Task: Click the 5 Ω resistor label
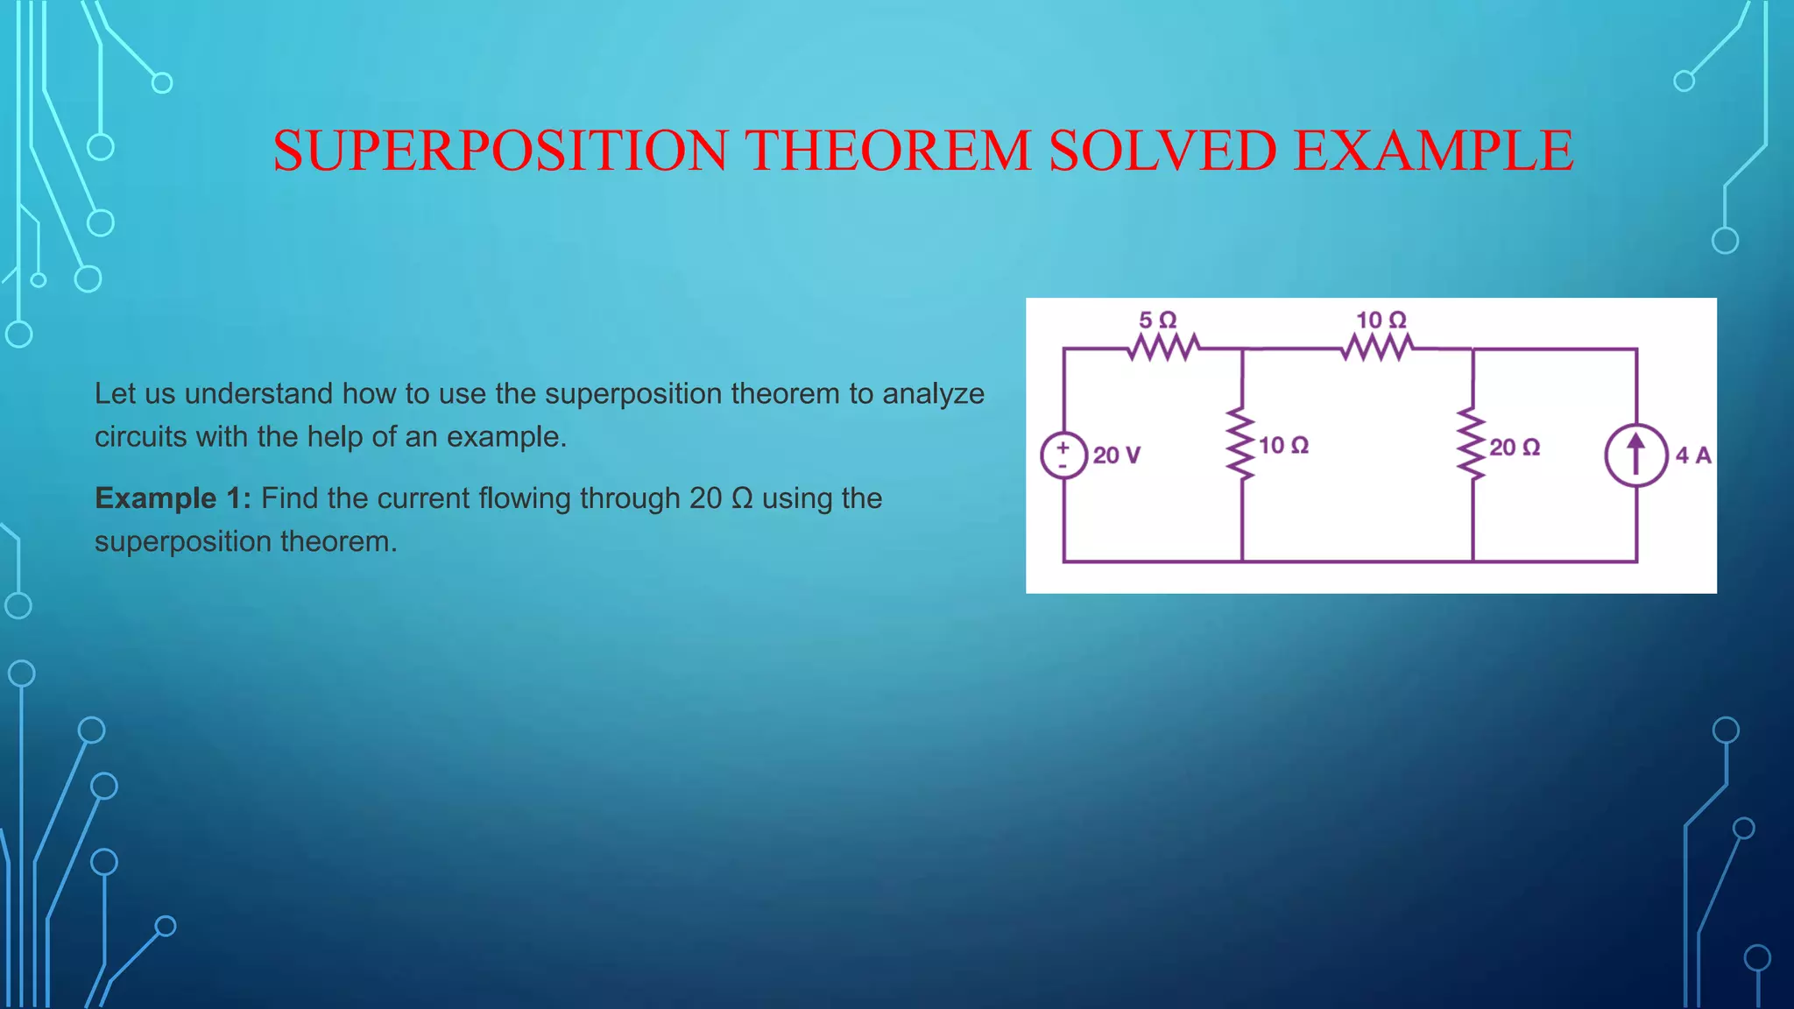1157,320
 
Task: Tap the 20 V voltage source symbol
1064,455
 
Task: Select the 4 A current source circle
1635,455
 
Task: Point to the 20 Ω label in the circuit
1515,448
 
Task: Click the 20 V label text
1117,455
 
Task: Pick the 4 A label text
1693,455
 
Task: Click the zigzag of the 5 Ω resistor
1163,348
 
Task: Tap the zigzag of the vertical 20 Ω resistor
1473,443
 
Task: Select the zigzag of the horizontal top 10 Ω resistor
1377,348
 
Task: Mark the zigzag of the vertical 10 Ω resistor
1241,442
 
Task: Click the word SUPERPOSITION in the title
500,150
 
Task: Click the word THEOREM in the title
888,150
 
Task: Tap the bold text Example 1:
173,498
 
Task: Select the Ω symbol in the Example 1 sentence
742,498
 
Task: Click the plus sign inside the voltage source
1063,447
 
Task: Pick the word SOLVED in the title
1162,150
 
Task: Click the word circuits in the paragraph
141,437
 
